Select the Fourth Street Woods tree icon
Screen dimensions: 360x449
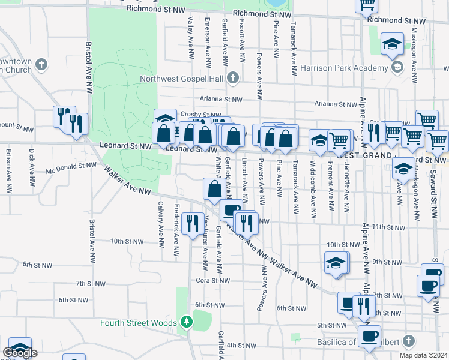(187, 322)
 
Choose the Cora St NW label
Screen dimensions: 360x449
(212, 280)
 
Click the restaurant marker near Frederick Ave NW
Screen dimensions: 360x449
(191, 225)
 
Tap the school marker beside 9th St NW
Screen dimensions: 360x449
(336, 263)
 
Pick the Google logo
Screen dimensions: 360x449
(21, 353)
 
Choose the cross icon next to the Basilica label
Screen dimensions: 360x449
(408, 341)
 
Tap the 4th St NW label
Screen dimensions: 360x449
(242, 346)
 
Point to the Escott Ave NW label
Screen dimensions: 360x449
(242, 40)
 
